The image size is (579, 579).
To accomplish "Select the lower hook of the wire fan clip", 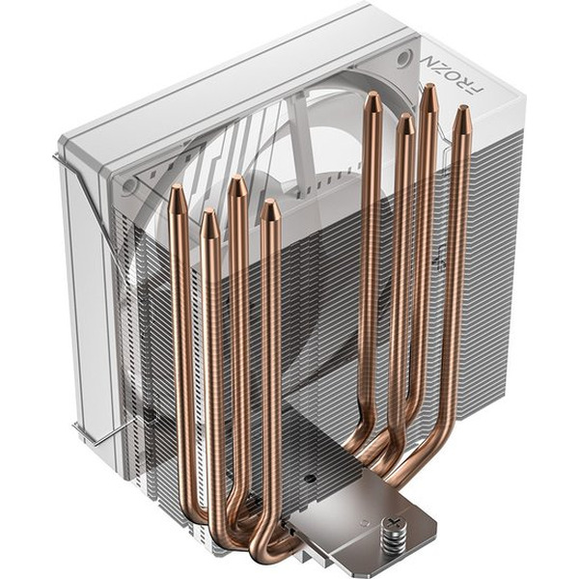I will [79, 440].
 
